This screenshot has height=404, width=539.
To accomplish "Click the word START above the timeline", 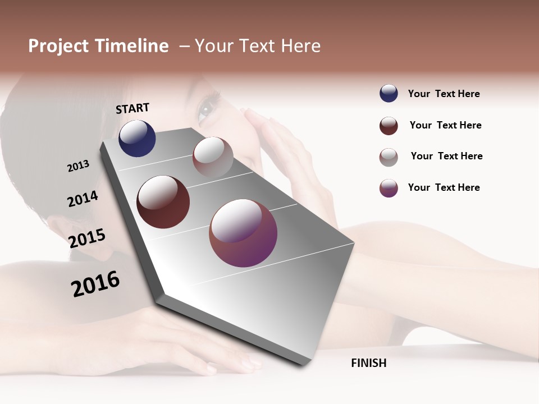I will tap(133, 108).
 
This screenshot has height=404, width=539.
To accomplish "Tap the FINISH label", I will tap(368, 363).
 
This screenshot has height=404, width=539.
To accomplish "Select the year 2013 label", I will tap(79, 166).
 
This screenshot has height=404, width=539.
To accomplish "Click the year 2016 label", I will tap(95, 284).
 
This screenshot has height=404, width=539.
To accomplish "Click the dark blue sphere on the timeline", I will tap(137, 138).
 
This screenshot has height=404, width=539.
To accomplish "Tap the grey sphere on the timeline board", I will tap(213, 157).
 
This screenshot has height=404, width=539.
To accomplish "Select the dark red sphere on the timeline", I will tap(163, 202).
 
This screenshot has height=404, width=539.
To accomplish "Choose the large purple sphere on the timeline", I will tap(243, 233).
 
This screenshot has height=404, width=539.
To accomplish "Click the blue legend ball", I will tap(389, 94).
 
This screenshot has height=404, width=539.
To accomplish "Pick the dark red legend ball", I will tap(389, 126).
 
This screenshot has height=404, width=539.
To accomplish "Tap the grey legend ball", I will tap(389, 157).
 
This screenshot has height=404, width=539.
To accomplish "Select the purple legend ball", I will tap(389, 188).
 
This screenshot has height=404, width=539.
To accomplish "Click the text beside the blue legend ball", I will tap(444, 94).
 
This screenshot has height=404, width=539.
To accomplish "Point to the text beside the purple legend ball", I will tap(444, 187).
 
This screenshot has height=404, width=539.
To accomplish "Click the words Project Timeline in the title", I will tap(98, 46).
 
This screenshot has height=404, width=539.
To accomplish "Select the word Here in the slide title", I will tap(300, 46).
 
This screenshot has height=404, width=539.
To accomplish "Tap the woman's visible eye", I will tap(208, 107).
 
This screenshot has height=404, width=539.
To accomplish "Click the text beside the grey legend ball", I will tap(446, 156).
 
